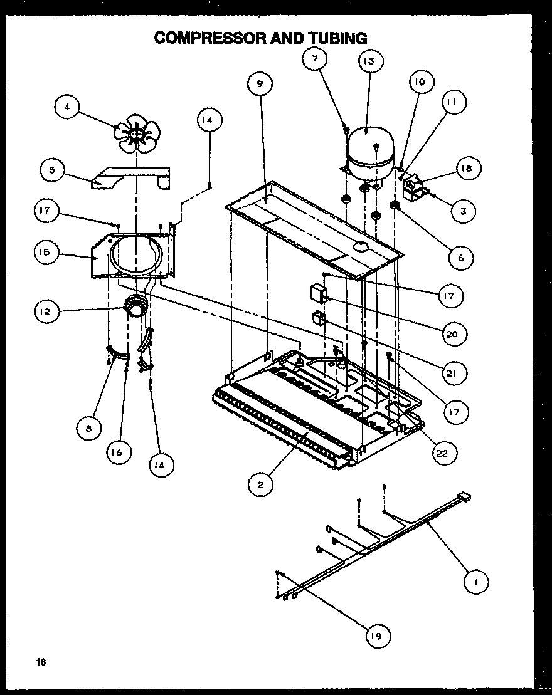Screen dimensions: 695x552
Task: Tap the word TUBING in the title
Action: coord(337,38)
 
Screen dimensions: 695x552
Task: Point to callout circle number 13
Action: coord(369,61)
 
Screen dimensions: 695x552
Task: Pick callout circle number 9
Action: coord(260,84)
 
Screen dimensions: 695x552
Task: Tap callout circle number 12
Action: coord(48,311)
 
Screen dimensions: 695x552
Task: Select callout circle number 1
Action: coord(476,582)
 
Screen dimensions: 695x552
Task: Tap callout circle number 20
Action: coord(452,333)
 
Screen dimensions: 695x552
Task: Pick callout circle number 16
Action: coord(119,451)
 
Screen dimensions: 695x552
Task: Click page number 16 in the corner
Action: coord(41,662)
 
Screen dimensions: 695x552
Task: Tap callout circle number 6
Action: coord(461,258)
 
